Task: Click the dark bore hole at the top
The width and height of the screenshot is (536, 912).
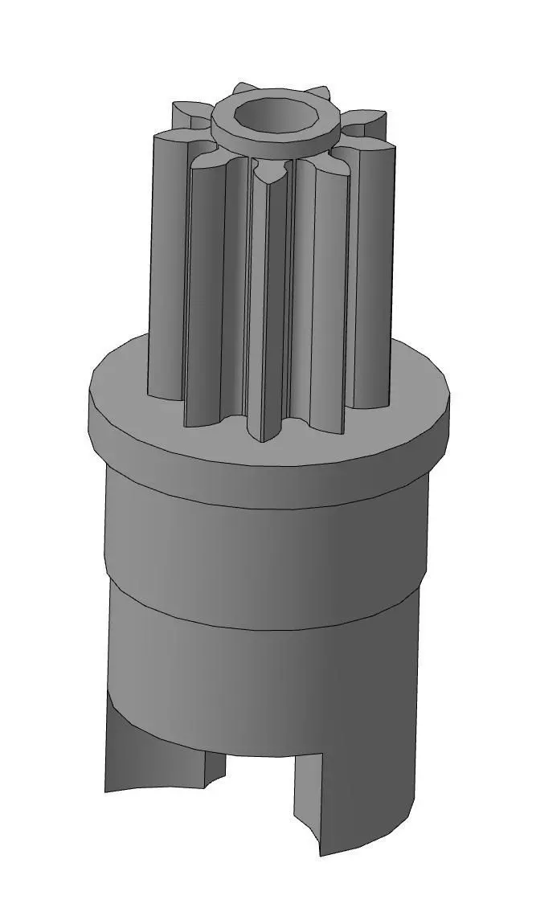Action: [x=273, y=116]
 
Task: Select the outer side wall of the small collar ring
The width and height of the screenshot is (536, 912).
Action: [x=273, y=147]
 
